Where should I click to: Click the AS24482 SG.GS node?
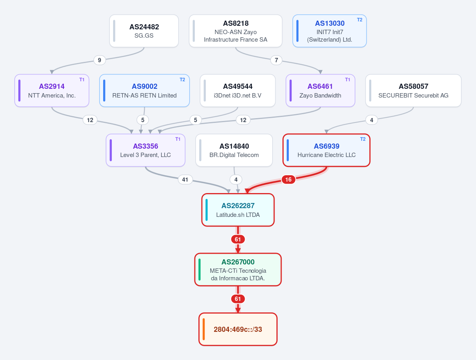click(144, 31)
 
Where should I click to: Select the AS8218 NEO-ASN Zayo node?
click(236, 31)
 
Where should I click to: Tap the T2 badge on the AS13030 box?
click(359, 20)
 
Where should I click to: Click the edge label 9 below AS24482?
click(100, 60)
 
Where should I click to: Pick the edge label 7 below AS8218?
click(276, 60)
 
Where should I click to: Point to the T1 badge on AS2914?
click(82, 80)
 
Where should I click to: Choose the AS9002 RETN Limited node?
click(144, 91)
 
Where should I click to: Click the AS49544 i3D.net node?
click(238, 91)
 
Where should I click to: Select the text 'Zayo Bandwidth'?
click(320, 96)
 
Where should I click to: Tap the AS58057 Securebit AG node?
click(413, 91)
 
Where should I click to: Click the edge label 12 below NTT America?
click(90, 120)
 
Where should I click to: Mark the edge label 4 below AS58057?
click(371, 120)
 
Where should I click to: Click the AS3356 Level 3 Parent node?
click(146, 150)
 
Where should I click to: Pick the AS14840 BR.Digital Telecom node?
click(234, 150)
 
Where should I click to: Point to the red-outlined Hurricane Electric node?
click(326, 150)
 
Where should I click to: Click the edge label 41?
click(185, 180)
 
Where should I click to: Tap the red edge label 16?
click(288, 180)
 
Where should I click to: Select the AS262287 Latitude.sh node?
click(238, 210)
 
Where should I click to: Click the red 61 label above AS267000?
click(238, 239)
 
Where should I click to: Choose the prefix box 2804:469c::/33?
click(238, 329)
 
